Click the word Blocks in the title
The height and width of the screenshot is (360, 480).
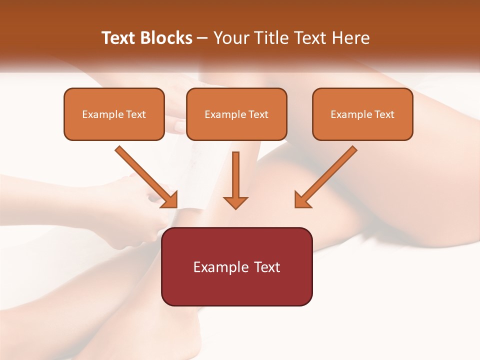[165, 38]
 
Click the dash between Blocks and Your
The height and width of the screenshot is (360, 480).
[203, 38]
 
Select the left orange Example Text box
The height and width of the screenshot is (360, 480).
[114, 114]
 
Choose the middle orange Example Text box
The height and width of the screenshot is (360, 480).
[236, 114]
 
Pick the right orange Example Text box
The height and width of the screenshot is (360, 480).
[362, 114]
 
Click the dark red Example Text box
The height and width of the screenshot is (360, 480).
[236, 266]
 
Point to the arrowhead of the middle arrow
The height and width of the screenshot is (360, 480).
[235, 202]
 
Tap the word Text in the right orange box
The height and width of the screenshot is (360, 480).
[384, 114]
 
